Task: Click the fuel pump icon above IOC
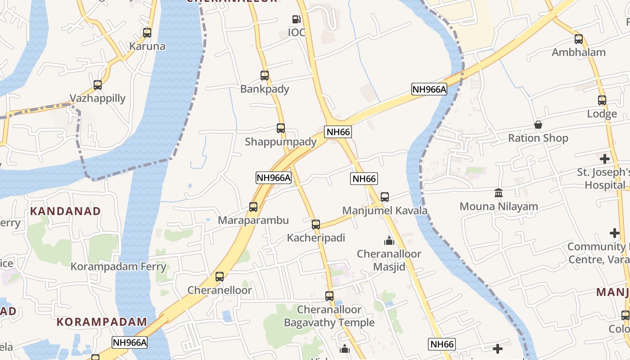[296, 19]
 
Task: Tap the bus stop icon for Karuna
[147, 33]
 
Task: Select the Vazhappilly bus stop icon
[98, 85]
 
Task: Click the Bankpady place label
[265, 89]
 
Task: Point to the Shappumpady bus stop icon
[281, 128]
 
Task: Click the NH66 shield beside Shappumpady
[338, 132]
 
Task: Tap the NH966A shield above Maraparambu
[274, 178]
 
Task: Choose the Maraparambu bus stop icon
[253, 207]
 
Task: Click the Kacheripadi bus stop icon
[316, 225]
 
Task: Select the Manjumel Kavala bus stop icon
[385, 197]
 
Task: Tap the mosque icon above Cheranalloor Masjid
[389, 241]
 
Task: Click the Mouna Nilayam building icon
[499, 193]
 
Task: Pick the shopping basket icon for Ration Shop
[538, 125]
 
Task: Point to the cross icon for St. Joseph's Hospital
[605, 159]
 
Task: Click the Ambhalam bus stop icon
[579, 39]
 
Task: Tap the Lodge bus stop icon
[602, 100]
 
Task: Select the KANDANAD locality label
[65, 211]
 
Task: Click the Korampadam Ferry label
[118, 266]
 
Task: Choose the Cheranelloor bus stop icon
[220, 277]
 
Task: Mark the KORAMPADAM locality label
[102, 322]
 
